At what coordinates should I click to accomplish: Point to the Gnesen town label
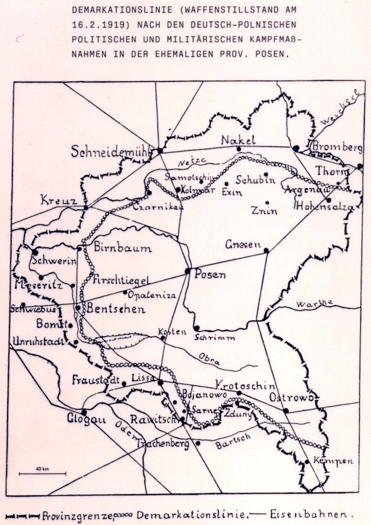pyautogui.click(x=243, y=244)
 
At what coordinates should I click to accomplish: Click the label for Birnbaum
pyautogui.click(x=123, y=248)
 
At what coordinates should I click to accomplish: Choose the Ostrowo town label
pyautogui.click(x=291, y=397)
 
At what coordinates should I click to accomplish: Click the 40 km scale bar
pyautogui.click(x=42, y=473)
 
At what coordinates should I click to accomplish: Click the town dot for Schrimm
pyautogui.click(x=196, y=328)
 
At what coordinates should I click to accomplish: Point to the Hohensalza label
pyautogui.click(x=325, y=208)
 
